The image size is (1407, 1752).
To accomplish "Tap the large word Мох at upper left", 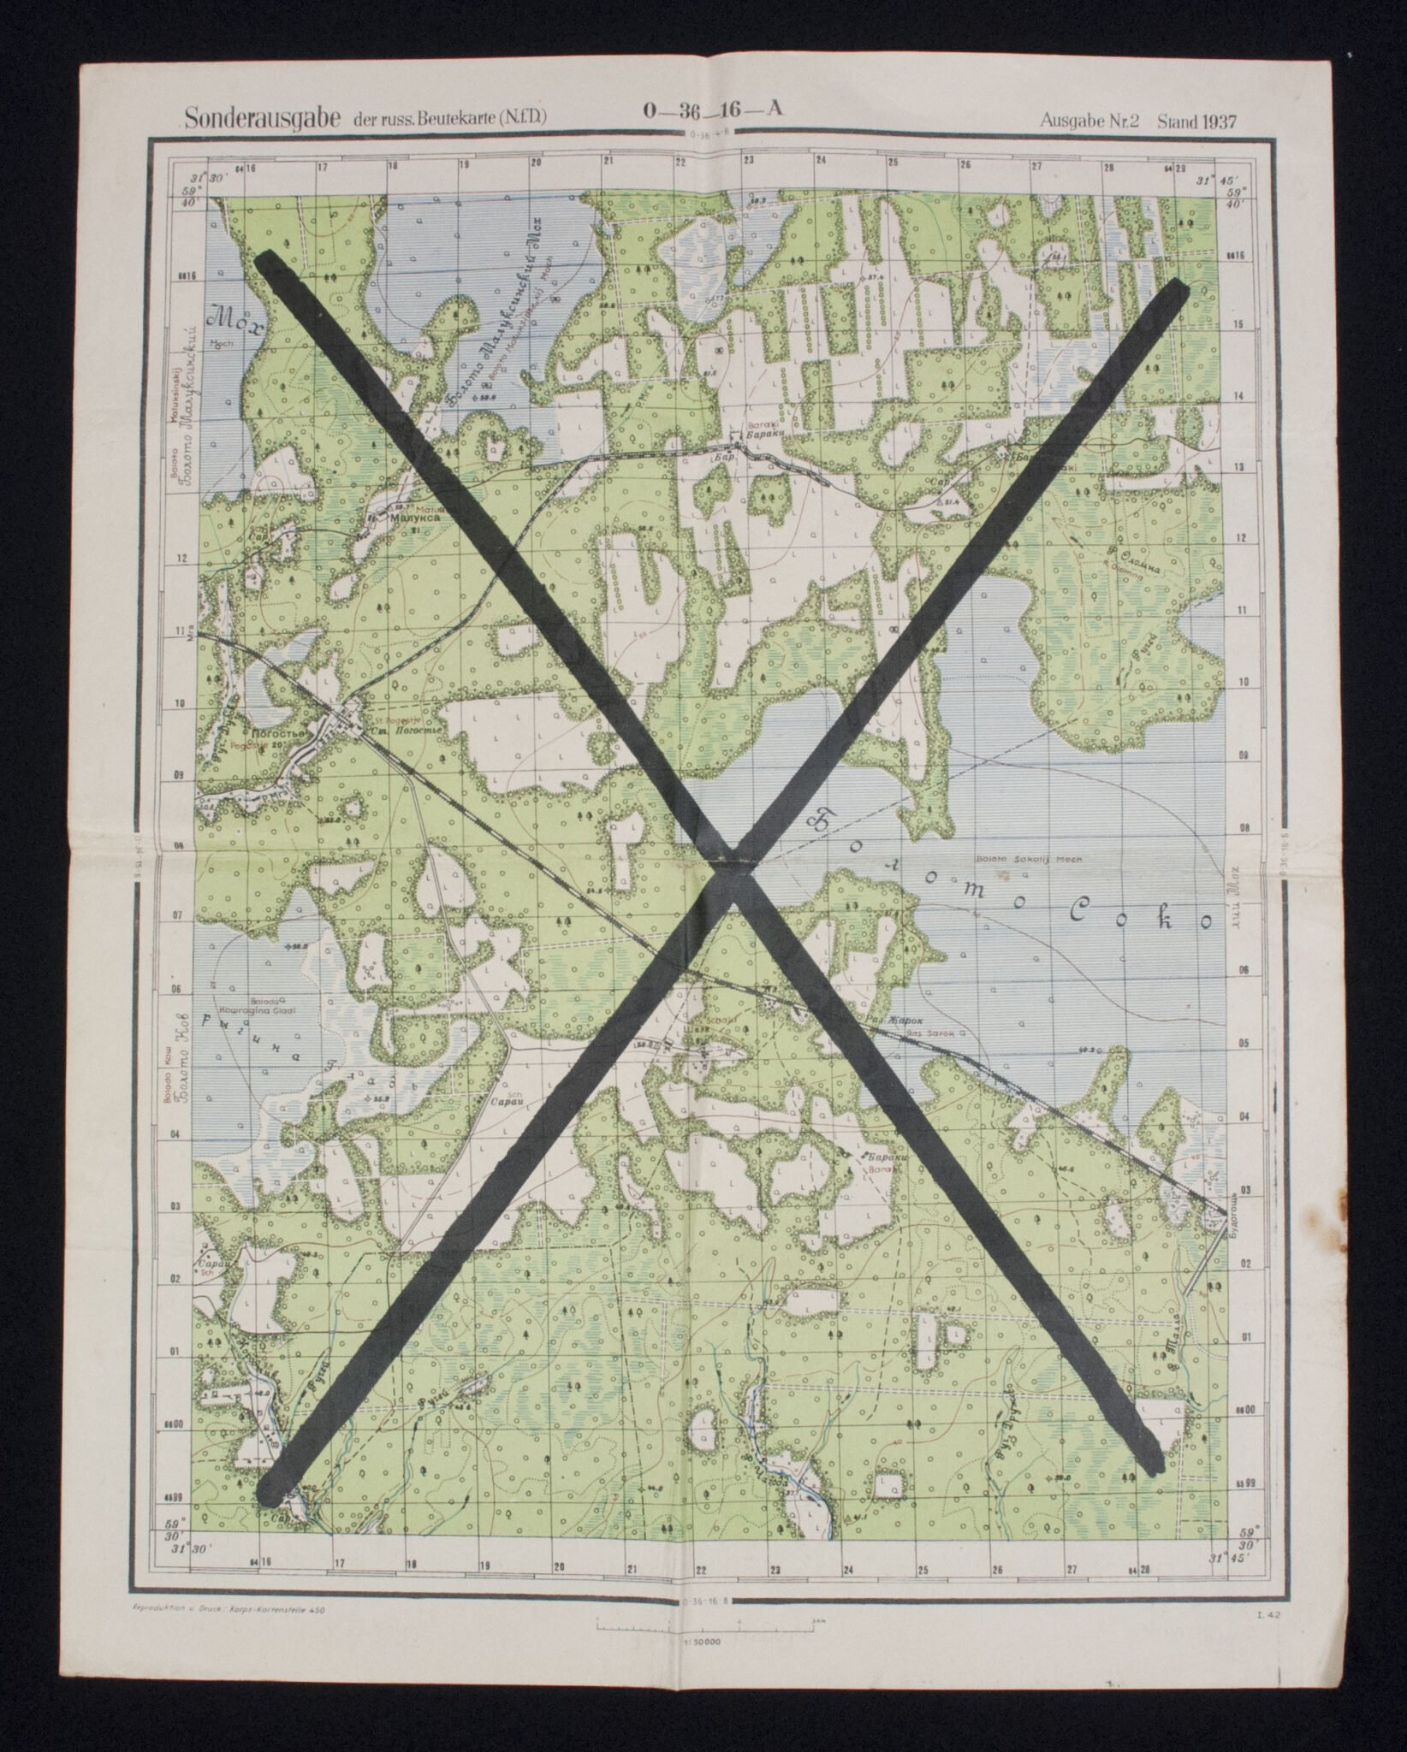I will pyautogui.click(x=226, y=318).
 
